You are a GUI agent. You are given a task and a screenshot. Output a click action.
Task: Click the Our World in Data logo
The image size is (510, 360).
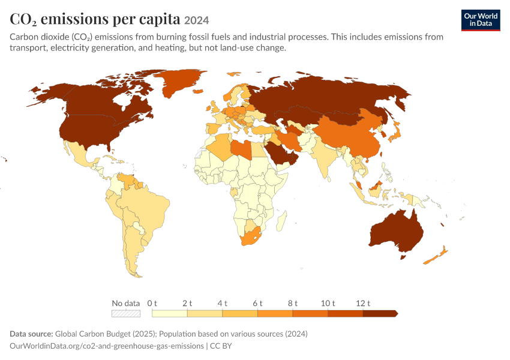coord(481,20)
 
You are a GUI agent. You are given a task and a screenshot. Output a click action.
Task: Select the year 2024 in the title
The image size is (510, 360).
coord(196,20)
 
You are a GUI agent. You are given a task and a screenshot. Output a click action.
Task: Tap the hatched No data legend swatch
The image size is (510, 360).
coord(126,313)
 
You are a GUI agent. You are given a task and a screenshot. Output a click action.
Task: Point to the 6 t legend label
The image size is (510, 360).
coord(257,304)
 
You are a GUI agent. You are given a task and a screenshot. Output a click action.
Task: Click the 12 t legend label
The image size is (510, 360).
coord(363,304)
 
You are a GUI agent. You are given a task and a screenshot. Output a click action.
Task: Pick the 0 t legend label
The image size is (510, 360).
coord(152,304)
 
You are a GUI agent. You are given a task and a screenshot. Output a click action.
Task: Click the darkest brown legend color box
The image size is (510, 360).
coord(380,313)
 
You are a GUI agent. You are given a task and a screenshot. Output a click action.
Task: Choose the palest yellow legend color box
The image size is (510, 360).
coord(170,313)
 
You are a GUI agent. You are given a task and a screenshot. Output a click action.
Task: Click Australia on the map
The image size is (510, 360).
coord(397,232)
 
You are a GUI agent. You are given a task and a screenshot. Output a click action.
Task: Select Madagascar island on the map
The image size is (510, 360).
coord(282,221)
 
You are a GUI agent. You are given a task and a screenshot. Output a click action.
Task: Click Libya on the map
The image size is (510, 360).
coord(241,149)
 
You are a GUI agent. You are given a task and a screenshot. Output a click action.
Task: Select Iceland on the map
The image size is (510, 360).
coord(198,92)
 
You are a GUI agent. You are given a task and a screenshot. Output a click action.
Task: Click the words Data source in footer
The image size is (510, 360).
coord(31,334)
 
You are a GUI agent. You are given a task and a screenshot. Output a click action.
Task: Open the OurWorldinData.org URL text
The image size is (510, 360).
coord(107,346)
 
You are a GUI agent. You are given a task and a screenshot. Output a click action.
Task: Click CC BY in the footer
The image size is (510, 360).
coord(221,346)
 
